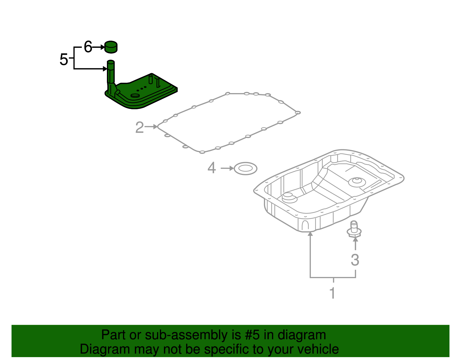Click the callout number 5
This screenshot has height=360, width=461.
tap(63, 60)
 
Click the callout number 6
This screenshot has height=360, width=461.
tap(88, 47)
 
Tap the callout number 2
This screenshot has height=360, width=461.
tap(139, 127)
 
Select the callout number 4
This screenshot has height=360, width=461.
tap(211, 168)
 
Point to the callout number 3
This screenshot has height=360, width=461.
tap(355, 260)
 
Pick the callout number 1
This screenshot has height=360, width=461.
tap(332, 293)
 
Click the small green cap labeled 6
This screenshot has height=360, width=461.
tap(111, 47)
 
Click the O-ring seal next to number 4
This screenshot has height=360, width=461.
tap(245, 168)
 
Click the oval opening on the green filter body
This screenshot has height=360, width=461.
tap(135, 95)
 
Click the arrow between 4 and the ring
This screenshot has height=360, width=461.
tap(227, 168)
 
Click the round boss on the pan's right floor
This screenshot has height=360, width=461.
tap(357, 182)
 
